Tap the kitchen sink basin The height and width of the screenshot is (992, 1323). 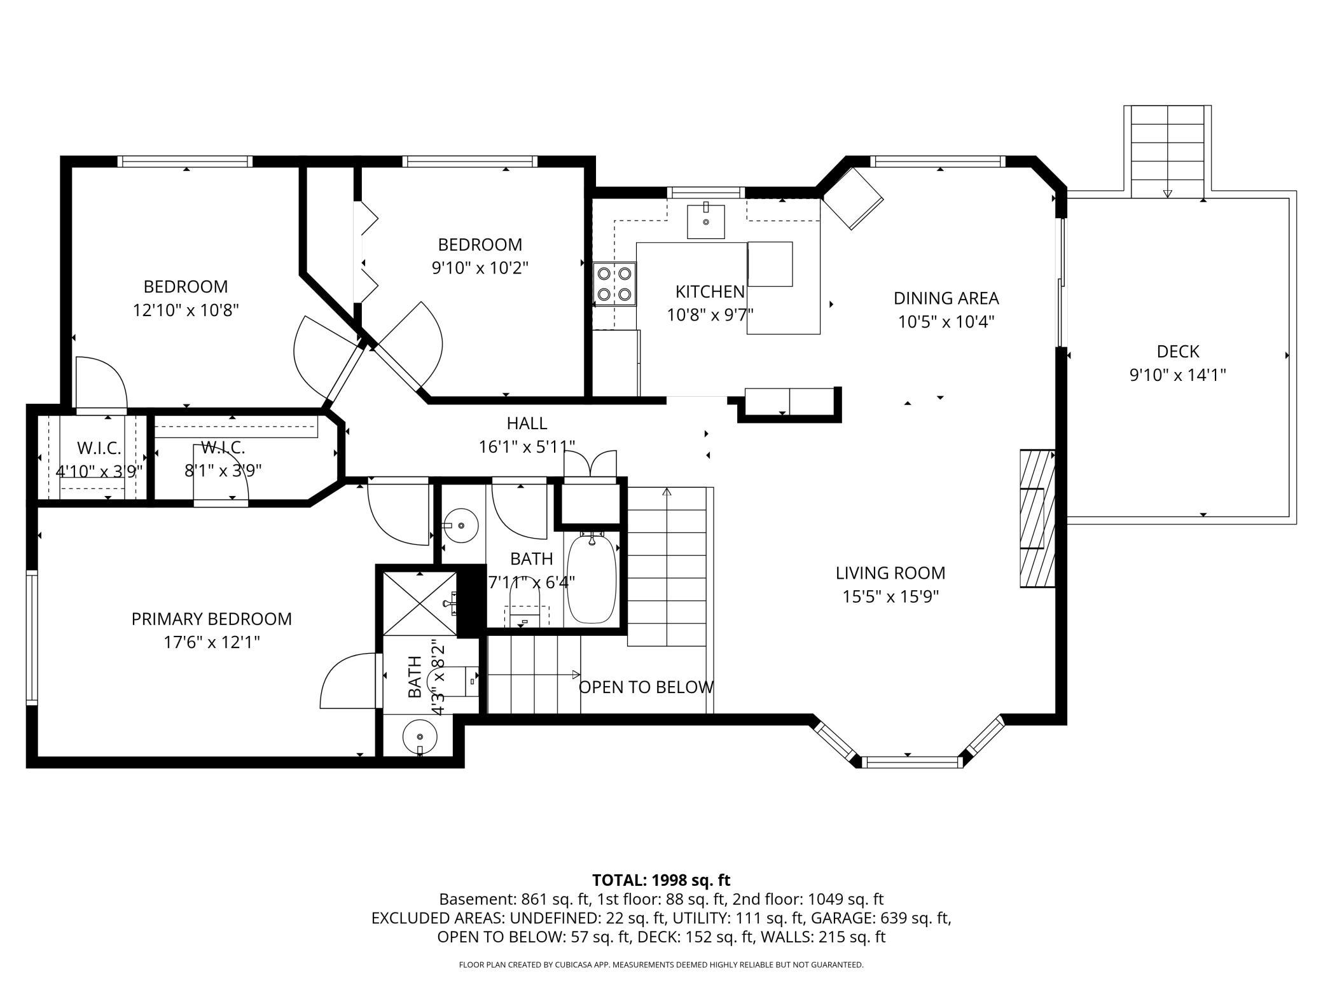705,221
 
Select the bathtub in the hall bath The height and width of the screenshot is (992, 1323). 592,579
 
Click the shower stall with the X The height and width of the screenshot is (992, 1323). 420,603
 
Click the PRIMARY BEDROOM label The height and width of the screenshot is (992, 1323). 212,619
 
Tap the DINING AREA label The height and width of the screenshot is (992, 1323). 946,298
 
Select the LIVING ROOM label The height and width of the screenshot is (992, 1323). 890,573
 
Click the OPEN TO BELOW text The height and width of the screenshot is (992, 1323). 646,687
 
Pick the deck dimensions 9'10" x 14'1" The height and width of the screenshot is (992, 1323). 1177,375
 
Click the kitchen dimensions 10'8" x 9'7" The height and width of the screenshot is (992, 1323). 710,315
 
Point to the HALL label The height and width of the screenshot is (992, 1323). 527,423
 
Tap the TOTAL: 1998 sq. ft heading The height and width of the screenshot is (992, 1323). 661,880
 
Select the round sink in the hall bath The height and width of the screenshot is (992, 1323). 461,526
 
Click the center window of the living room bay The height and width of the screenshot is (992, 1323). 912,762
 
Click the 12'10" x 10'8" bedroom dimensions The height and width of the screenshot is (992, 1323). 186,310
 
